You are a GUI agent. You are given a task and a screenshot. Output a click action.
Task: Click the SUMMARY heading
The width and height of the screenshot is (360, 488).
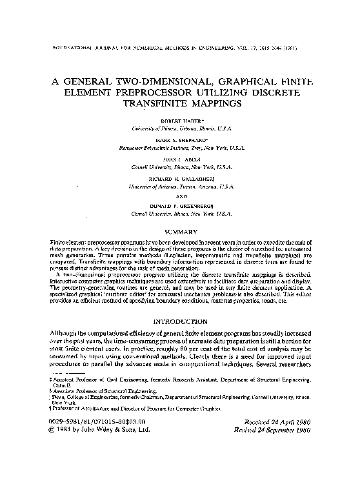click(x=180, y=231)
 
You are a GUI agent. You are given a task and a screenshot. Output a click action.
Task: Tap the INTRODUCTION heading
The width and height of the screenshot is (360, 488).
click(x=181, y=321)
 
